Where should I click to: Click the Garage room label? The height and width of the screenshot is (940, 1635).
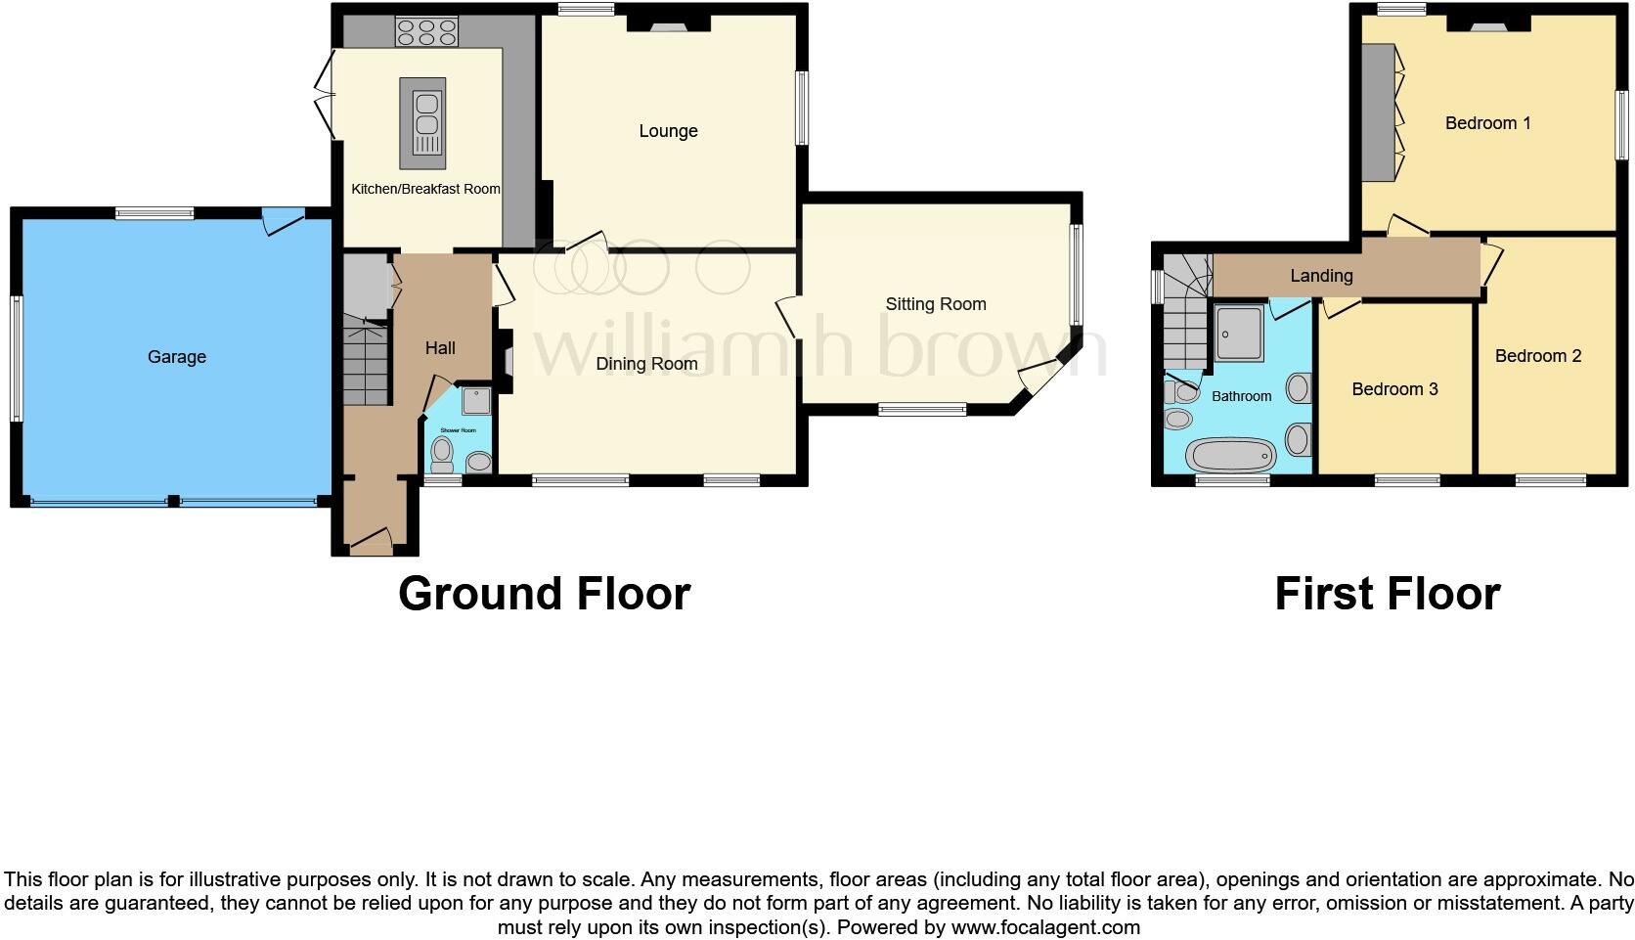177,357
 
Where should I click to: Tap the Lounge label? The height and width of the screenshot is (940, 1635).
668,131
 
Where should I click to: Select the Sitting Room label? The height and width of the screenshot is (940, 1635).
935,304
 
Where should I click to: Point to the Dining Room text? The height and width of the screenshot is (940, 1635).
646,364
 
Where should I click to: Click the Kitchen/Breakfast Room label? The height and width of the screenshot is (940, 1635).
425,190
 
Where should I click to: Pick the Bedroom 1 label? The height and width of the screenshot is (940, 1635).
1487,123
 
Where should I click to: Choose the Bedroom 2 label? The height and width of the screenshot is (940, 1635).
1537,356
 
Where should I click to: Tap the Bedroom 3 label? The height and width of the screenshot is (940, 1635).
1394,389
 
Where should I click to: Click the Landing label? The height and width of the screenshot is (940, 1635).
1321,276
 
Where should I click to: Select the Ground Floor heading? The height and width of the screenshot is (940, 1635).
544,594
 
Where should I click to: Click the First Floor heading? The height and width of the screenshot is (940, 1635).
1387,594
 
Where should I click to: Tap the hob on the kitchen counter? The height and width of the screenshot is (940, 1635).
426,32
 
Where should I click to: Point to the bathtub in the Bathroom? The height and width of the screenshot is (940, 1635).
1230,456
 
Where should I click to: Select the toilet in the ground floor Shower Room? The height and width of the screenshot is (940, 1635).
442,453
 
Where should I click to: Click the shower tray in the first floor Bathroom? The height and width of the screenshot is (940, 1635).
1240,334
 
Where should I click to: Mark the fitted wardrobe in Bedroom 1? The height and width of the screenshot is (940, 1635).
1381,112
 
